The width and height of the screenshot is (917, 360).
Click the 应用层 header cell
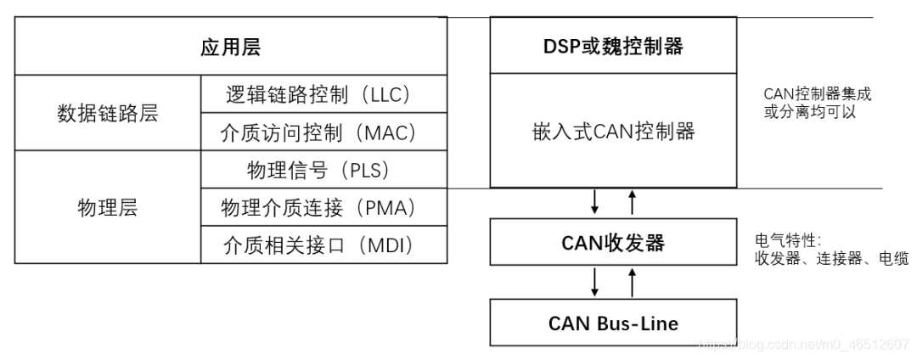click(231, 47)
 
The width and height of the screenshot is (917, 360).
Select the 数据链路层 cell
click(108, 113)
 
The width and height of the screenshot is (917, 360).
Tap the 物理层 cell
click(108, 207)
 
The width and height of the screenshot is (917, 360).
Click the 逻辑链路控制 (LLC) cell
click(323, 93)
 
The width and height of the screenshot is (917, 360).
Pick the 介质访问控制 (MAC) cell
click(323, 132)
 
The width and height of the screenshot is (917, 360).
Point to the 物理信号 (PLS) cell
click(323, 170)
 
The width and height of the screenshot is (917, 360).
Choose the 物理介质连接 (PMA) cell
click(323, 207)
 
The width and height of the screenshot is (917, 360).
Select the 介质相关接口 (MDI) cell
click(323, 245)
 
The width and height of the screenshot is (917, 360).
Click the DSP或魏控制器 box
click(612, 47)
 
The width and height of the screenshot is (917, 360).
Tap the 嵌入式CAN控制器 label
click(612, 131)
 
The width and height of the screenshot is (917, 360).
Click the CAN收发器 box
click(612, 243)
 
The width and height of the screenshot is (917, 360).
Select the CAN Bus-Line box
click(612, 323)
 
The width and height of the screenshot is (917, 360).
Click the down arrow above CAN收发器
click(594, 202)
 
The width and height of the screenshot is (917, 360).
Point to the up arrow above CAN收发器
click(631, 202)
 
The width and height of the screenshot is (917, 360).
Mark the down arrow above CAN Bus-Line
click(594, 281)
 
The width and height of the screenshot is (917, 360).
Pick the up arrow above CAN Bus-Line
click(631, 281)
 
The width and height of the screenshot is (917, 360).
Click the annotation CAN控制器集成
click(817, 94)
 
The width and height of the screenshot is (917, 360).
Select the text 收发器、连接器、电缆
click(830, 259)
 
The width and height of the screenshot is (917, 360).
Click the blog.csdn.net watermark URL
click(802, 344)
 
